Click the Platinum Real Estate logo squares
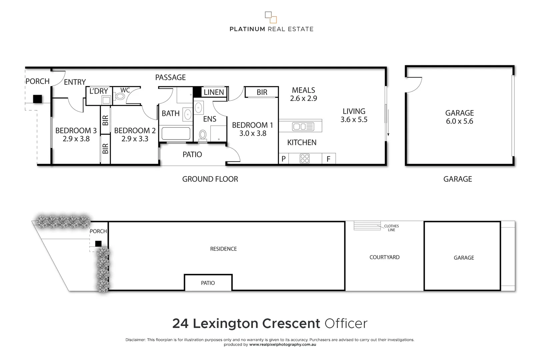(x=271, y=17)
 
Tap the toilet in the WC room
(x=120, y=97)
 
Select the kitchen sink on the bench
(x=303, y=127)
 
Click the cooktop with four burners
(x=305, y=158)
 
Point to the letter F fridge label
(x=328, y=159)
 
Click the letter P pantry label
(x=283, y=159)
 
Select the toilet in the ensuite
(x=202, y=135)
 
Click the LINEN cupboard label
(x=214, y=92)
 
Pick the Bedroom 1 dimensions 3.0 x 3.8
(x=253, y=133)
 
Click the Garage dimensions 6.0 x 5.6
(x=459, y=121)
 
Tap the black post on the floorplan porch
(x=37, y=99)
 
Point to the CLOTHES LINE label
(x=391, y=228)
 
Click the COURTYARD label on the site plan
(x=384, y=257)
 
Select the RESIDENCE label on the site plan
(x=223, y=249)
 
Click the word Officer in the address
(x=346, y=323)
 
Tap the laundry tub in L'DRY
(x=106, y=100)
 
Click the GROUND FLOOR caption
(x=210, y=179)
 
